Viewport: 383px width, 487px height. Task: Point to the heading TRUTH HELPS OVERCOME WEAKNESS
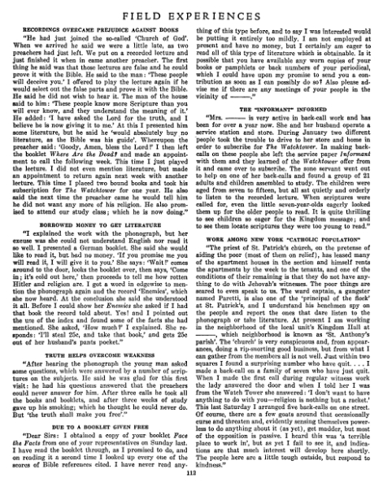pyautogui.click(x=97, y=331)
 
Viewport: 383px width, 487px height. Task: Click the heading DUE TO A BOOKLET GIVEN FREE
pyautogui.click(x=97, y=413)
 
